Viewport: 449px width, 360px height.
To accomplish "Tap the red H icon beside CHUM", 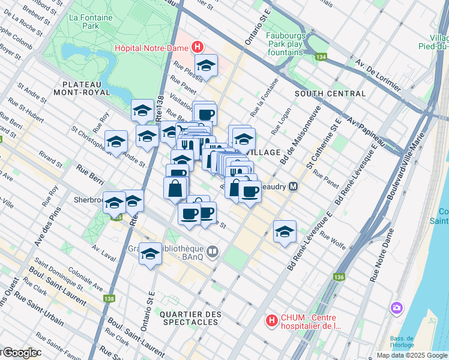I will [x=272, y=321].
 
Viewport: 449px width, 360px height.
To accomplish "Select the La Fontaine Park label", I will [x=91, y=22].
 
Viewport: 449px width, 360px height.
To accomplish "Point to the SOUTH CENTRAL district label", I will [x=330, y=94].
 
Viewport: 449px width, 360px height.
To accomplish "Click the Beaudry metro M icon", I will [x=293, y=187].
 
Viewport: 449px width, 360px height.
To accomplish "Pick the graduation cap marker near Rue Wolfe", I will [x=285, y=232].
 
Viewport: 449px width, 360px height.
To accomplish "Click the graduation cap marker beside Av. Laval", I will [x=150, y=254].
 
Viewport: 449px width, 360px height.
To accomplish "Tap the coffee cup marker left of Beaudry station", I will [x=250, y=192].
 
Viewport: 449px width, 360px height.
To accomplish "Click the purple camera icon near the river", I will [x=396, y=308].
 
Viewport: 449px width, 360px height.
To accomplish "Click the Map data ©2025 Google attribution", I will [x=412, y=355].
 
